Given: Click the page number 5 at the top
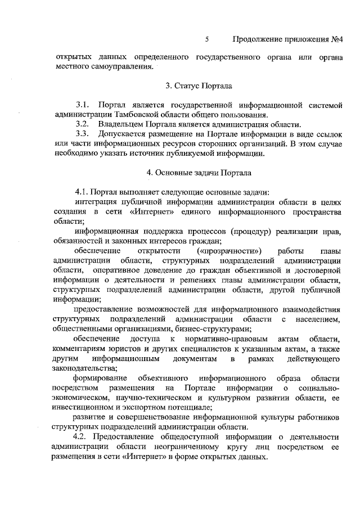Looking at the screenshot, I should click(x=207, y=39).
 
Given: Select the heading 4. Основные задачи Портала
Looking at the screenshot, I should click(x=196, y=173).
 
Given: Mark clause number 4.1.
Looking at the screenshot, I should click(x=82, y=191).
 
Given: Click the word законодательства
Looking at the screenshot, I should click(x=84, y=368).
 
